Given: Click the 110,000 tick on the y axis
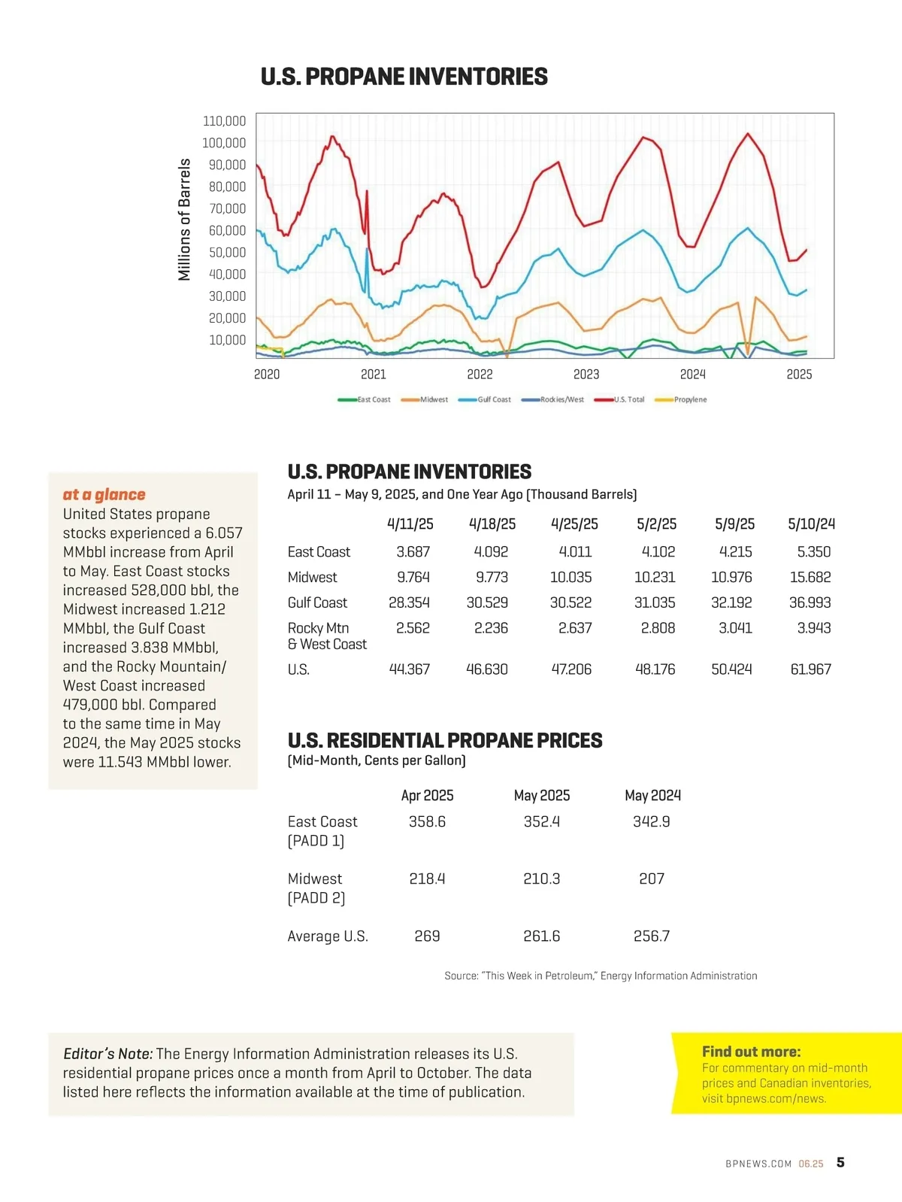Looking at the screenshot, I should point(224,121).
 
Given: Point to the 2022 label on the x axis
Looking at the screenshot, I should point(480,375).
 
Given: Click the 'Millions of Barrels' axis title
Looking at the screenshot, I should point(184,220).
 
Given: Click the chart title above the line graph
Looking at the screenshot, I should point(404,77).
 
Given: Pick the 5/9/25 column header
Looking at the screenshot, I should point(734,524).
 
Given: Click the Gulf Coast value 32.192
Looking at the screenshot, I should point(731,603).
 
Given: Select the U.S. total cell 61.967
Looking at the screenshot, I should point(810,669).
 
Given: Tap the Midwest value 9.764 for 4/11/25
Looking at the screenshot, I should point(413,577).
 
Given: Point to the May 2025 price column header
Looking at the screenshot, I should point(541,795).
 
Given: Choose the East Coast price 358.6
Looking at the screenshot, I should point(427,821).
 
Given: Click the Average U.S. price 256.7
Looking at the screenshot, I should point(651,936).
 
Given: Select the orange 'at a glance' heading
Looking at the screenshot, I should point(104,494).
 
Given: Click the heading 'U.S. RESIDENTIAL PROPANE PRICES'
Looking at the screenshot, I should point(444,741).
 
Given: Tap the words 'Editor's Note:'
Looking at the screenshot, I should point(107,1054).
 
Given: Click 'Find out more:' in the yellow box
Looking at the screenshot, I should point(751,1052).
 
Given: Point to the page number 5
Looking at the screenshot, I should point(840,1162).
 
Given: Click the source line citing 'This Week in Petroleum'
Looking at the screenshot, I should point(600,976).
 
